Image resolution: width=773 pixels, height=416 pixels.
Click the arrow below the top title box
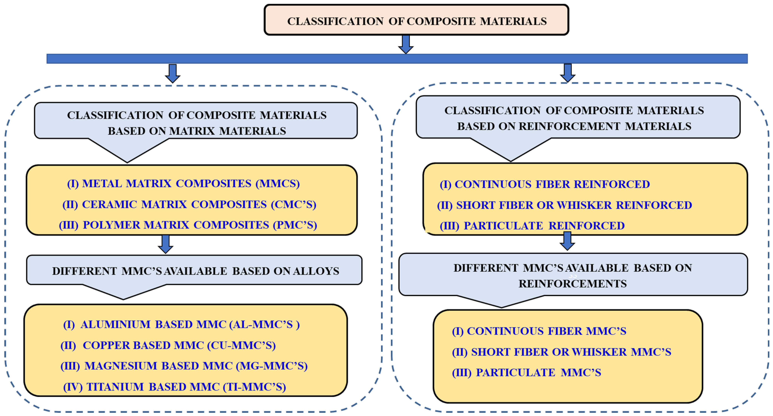[406, 44]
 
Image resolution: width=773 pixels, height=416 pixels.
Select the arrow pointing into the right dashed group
[567, 73]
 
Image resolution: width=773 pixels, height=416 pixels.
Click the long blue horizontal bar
[397, 59]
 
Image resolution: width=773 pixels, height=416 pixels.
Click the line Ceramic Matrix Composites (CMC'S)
[189, 204]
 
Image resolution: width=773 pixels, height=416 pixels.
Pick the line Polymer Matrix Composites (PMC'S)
[188, 225]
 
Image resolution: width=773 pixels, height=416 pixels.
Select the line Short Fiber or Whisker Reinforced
[564, 205]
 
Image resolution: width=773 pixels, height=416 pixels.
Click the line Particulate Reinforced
[532, 226]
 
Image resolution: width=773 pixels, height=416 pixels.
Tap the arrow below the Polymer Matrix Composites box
[165, 244]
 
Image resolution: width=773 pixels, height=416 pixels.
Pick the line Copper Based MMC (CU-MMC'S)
[168, 345]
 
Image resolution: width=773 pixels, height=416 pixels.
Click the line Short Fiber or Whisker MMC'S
[561, 352]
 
